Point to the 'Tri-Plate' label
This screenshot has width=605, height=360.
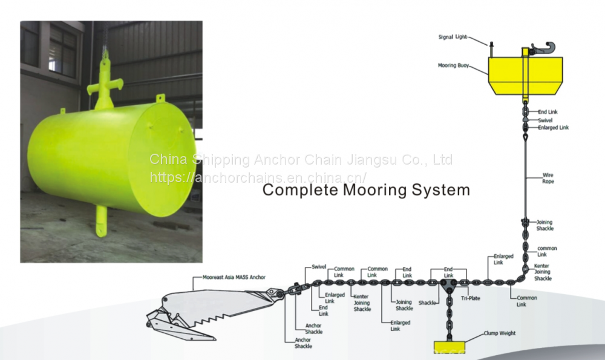(470, 298)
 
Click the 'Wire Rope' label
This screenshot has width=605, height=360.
(548, 178)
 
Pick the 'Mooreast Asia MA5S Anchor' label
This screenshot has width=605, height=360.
(229, 278)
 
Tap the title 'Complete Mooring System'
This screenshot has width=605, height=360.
(366, 190)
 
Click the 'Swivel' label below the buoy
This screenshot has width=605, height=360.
(545, 120)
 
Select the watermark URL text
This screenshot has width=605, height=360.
(258, 178)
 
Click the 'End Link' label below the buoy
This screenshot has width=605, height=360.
(548, 112)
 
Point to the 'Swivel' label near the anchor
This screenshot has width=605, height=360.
(318, 266)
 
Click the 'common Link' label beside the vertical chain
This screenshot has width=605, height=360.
(547, 251)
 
